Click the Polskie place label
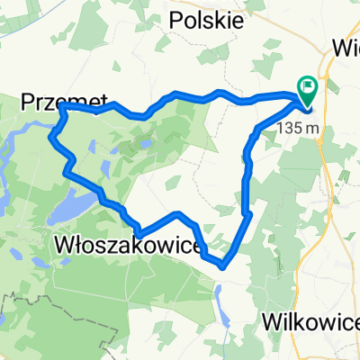pos(207,21)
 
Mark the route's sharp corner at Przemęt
pos(63,106)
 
